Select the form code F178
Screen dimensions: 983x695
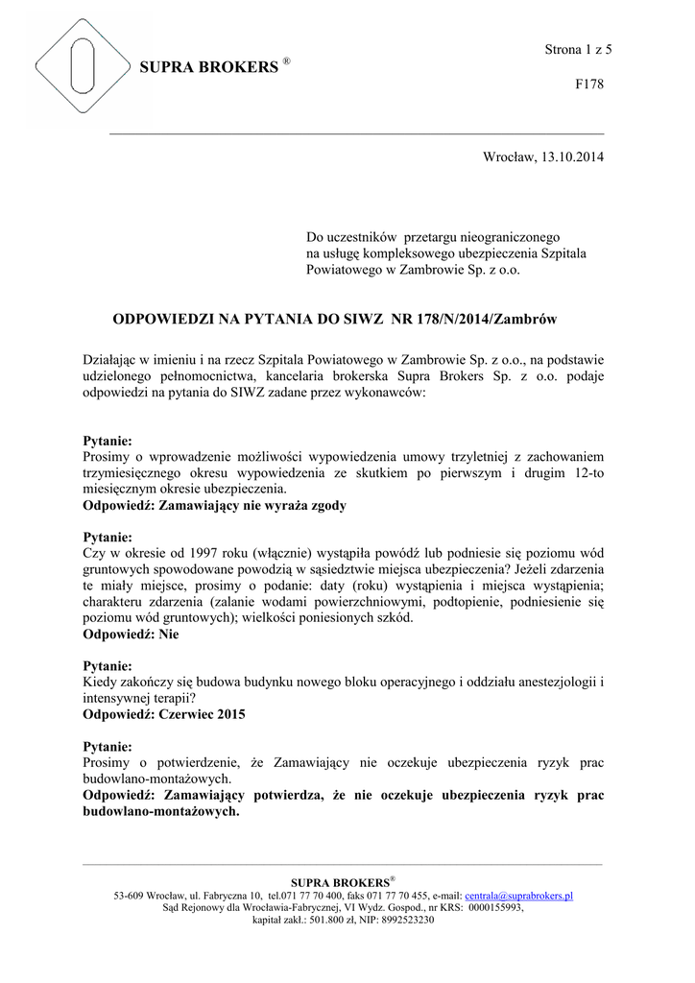pyautogui.click(x=588, y=84)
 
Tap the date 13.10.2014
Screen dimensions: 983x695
pyautogui.click(x=574, y=156)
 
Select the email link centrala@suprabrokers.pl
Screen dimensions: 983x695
pyautogui.click(x=518, y=896)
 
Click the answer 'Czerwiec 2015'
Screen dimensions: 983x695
pyautogui.click(x=206, y=715)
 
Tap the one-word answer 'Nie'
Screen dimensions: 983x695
pyautogui.click(x=169, y=635)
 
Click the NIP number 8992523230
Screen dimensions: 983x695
pyautogui.click(x=408, y=920)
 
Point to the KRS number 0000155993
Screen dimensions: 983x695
pyautogui.click(x=495, y=907)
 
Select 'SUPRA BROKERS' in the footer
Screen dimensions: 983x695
pyautogui.click(x=339, y=882)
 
